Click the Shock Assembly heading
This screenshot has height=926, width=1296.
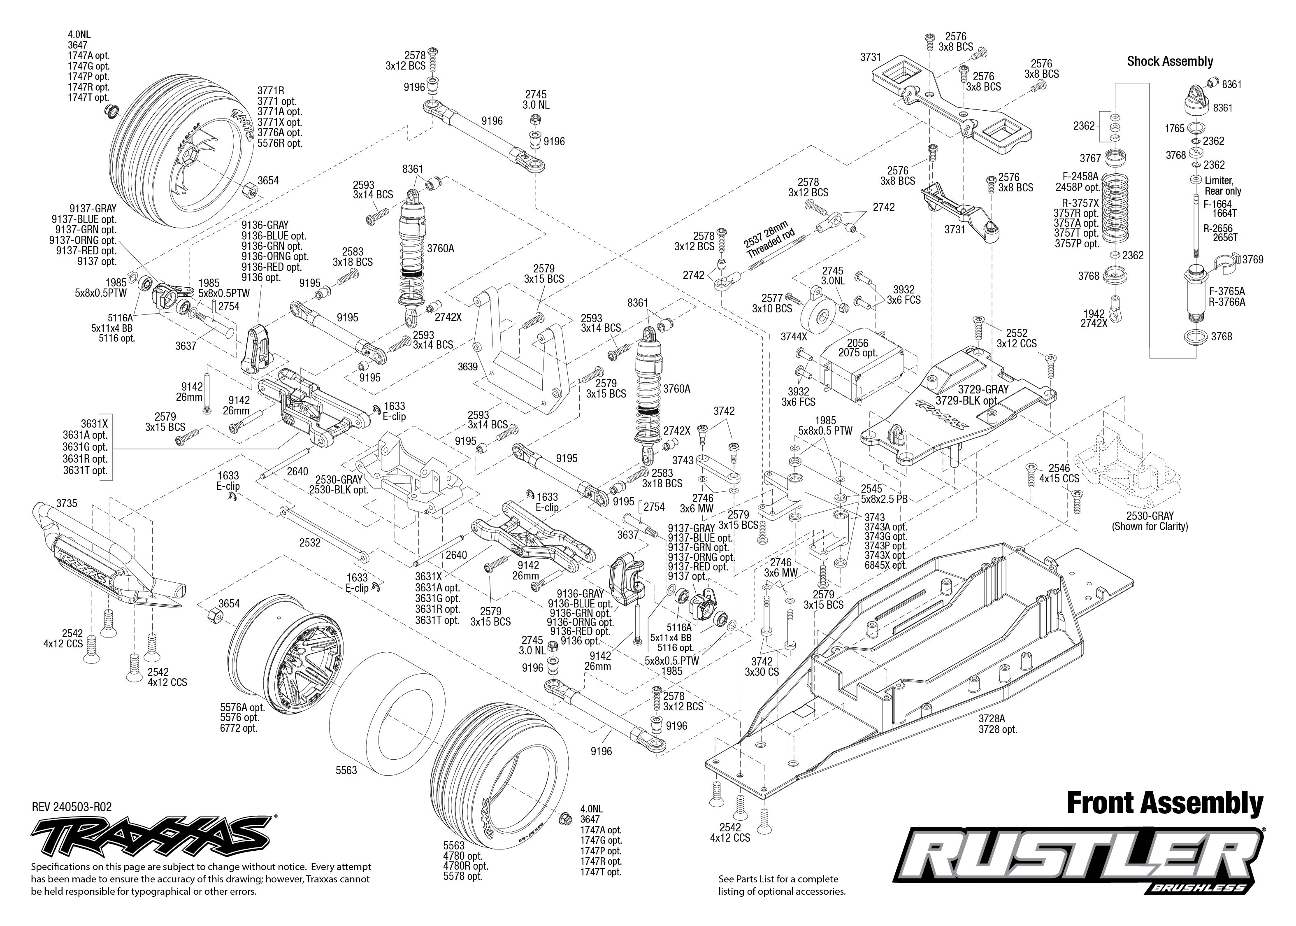(1169, 62)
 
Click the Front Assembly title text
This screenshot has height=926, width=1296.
(1164, 803)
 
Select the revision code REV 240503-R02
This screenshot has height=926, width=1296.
(72, 807)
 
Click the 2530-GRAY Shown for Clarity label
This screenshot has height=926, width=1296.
(1150, 521)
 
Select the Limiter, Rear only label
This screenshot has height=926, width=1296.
(1222, 186)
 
